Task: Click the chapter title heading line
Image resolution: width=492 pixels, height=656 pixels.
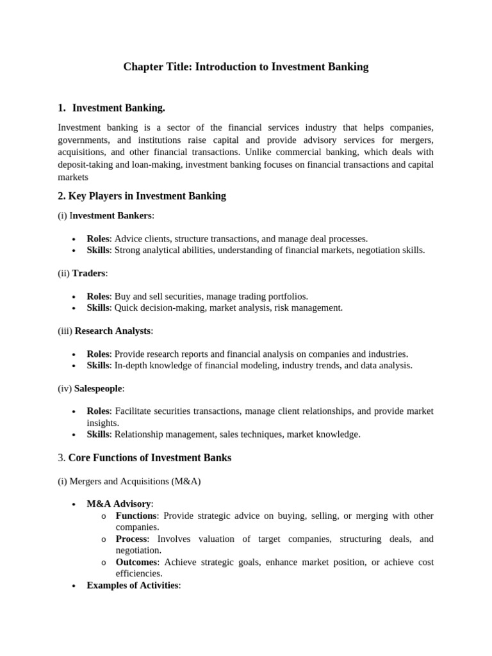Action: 246,67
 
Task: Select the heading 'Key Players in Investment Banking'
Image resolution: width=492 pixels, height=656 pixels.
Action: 146,196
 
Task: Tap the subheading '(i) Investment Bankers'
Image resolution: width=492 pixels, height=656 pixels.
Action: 106,215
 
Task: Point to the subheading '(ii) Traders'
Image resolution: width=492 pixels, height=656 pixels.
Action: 83,273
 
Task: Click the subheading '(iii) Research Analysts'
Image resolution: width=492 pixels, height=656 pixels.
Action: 106,331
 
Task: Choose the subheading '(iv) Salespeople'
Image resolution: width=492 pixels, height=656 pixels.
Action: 91,388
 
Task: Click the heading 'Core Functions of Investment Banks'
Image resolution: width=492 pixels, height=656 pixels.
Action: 149,458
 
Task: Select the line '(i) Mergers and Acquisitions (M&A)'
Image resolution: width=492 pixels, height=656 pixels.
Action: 129,481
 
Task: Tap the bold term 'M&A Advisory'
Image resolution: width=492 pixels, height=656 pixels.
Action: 119,504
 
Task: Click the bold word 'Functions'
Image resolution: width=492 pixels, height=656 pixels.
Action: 136,516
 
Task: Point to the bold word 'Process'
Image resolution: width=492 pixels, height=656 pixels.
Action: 131,539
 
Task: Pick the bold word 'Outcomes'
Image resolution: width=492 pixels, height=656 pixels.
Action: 136,562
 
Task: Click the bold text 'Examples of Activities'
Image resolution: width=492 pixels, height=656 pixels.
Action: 133,585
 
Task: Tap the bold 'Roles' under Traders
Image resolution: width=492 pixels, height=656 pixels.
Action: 98,296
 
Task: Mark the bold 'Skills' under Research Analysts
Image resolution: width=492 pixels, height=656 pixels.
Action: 98,365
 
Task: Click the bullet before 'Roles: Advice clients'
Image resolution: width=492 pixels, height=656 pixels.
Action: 74,239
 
